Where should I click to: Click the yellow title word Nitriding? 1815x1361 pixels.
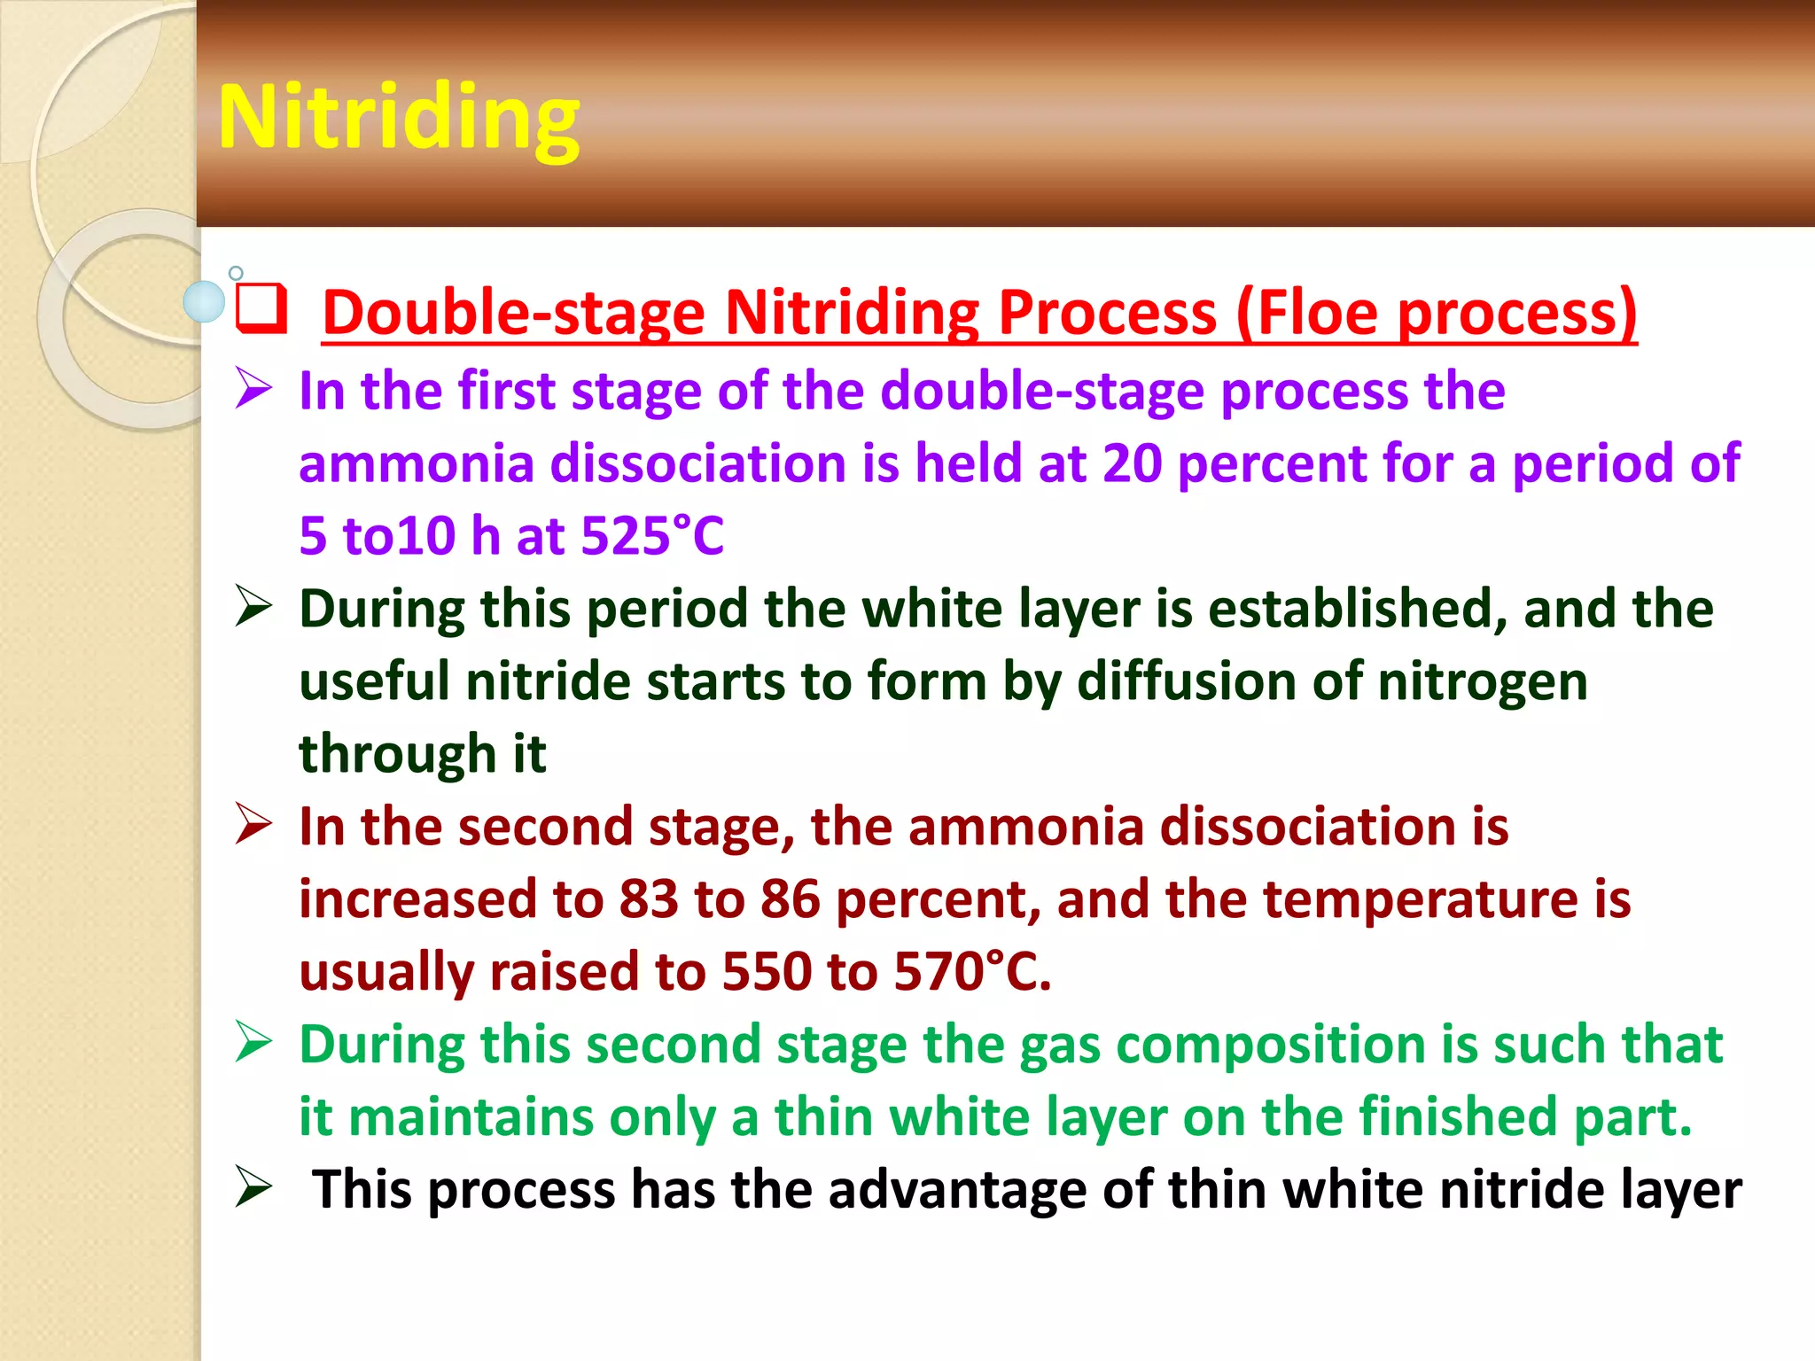tap(399, 118)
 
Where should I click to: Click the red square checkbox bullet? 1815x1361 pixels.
tap(261, 307)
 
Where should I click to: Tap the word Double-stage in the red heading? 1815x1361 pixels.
tap(514, 313)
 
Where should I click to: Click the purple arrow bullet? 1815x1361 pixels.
tap(253, 390)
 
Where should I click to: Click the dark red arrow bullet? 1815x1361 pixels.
tap(253, 825)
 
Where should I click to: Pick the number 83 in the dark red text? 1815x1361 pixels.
tap(649, 899)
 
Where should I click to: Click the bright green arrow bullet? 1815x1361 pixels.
tap(253, 1042)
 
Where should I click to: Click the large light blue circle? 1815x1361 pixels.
tap(204, 301)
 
